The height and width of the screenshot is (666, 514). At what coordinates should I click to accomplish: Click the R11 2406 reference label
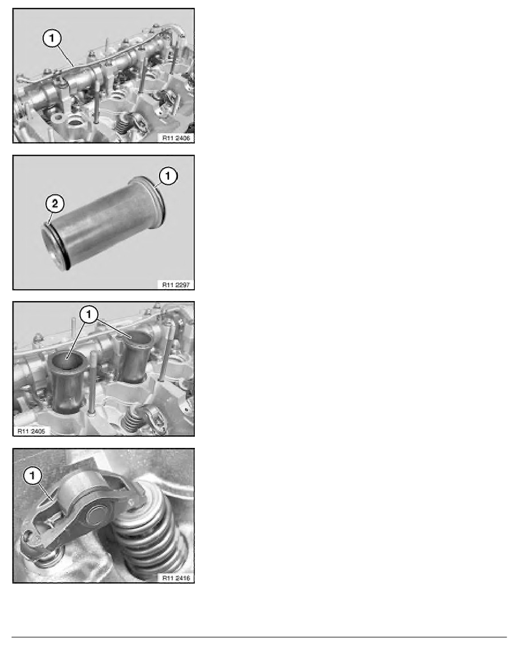click(x=176, y=137)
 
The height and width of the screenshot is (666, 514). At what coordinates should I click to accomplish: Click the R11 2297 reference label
click(x=176, y=285)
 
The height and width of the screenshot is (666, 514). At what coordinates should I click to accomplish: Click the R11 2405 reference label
click(x=31, y=431)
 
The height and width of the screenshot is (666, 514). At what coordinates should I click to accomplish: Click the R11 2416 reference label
click(x=176, y=577)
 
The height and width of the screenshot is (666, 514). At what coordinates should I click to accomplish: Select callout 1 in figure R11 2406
click(x=52, y=39)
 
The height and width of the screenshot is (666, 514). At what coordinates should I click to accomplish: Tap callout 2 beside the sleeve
click(x=55, y=204)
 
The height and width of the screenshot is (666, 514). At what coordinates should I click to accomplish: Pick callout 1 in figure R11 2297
click(x=168, y=176)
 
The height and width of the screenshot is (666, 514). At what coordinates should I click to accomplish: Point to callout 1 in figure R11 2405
click(x=88, y=314)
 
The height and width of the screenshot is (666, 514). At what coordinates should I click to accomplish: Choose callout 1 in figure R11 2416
click(x=32, y=476)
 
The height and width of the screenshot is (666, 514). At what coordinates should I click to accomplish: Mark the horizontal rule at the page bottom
click(x=259, y=637)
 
